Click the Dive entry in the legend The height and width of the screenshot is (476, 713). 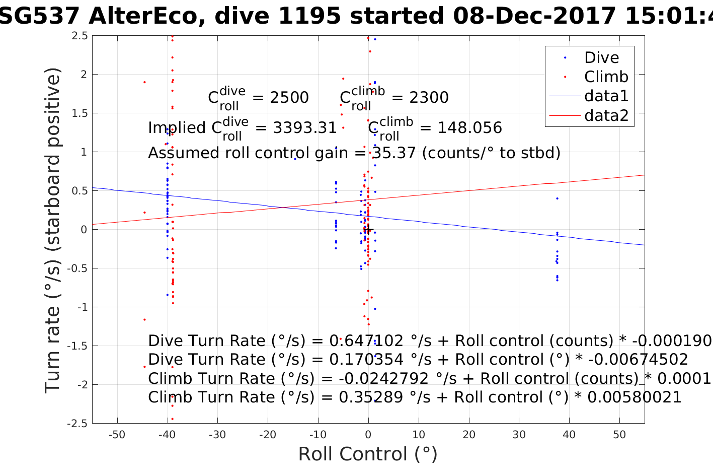(601, 57)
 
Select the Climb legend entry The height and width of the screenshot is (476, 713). (606, 77)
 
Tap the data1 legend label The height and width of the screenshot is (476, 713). (606, 96)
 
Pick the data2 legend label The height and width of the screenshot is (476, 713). (606, 115)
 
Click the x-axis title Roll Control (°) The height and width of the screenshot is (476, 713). (368, 454)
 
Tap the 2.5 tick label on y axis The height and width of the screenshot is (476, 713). (80, 36)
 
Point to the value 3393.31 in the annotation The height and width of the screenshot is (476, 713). (304, 128)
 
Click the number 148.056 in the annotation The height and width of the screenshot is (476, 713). (469, 128)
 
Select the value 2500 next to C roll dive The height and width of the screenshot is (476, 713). (289, 98)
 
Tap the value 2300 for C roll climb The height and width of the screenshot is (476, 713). (429, 98)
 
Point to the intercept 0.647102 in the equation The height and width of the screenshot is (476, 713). (366, 341)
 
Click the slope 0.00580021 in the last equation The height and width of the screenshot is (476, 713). (634, 397)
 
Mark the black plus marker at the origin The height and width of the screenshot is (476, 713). (368, 230)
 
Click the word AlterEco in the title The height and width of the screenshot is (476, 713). (146, 17)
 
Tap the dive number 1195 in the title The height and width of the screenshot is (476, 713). (309, 17)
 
